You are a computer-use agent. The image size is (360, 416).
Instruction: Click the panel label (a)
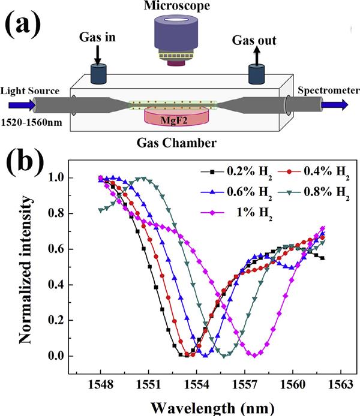point(25,27)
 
